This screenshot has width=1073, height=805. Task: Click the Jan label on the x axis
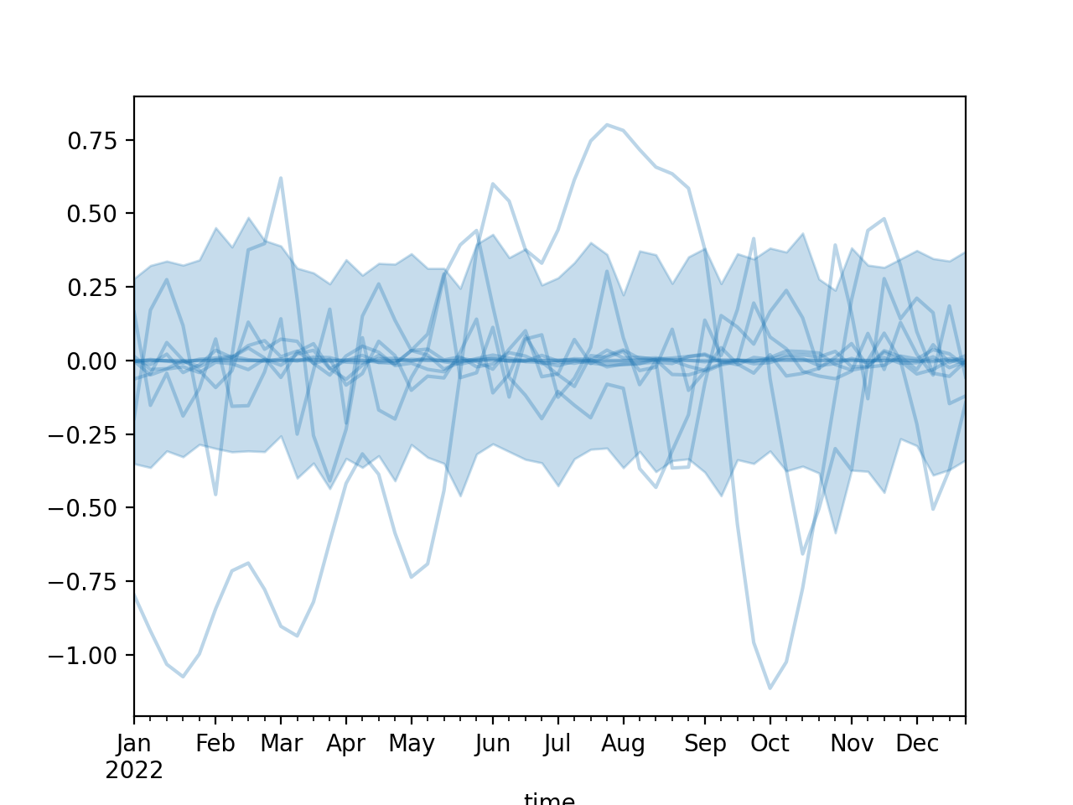(x=134, y=744)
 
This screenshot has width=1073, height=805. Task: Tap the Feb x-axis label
(x=215, y=744)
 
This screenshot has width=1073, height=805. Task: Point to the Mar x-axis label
(x=281, y=744)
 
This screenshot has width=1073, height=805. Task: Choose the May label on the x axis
(x=412, y=744)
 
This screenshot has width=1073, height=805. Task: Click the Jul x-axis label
(x=557, y=744)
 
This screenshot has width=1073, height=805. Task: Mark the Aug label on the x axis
(x=623, y=744)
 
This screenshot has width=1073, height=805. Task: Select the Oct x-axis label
(x=770, y=744)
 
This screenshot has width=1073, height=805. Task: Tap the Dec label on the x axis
(x=917, y=744)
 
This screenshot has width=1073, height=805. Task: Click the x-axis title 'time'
(x=549, y=799)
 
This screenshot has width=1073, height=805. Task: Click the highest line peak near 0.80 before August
(x=607, y=124)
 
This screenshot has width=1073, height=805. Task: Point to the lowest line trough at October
(x=770, y=688)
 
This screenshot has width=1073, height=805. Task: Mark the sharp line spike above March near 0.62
(x=281, y=178)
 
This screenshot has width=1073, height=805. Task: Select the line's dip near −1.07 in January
(x=183, y=677)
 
